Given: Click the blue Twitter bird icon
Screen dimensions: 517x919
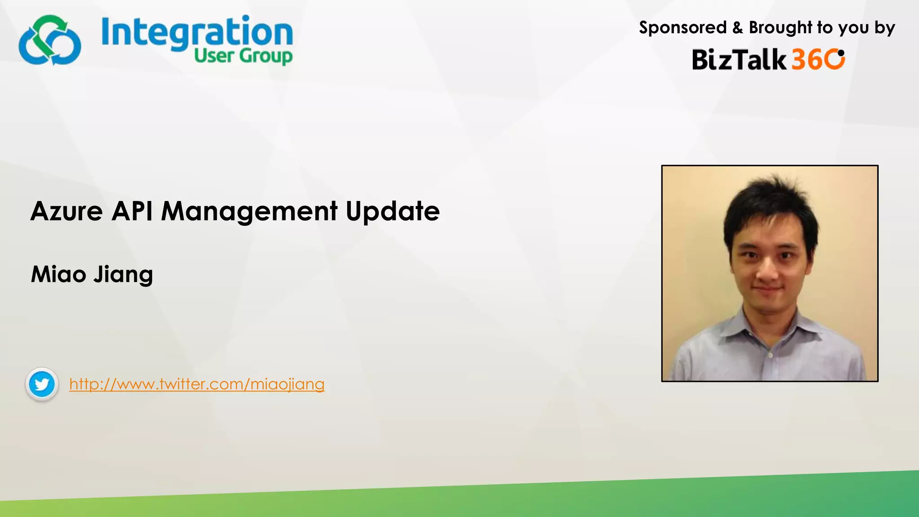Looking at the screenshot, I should pos(42,384).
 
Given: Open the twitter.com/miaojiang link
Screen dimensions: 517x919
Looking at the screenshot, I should pos(197,384).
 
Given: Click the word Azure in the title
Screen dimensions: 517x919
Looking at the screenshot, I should pos(66,211).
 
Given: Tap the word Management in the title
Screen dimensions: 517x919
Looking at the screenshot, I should pos(249,211).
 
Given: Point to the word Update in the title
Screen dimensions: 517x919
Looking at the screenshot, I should pos(392,212).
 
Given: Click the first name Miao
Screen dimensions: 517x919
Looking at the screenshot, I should pos(58,274).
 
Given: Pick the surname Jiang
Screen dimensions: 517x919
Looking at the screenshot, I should pos(123,275).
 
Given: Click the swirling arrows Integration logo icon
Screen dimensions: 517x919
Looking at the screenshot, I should pos(50,40).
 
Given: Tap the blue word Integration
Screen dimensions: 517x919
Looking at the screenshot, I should pos(197,32).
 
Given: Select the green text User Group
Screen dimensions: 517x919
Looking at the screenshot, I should pos(243,57).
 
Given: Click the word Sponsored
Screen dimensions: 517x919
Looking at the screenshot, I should pos(683,28).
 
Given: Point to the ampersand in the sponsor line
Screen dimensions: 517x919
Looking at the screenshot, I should pos(737,28).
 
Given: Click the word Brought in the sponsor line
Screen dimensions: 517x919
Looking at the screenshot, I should pos(780,28).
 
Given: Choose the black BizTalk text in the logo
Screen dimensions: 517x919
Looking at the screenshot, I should pos(739,60).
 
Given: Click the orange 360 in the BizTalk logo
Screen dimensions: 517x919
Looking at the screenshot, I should pos(818,60).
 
